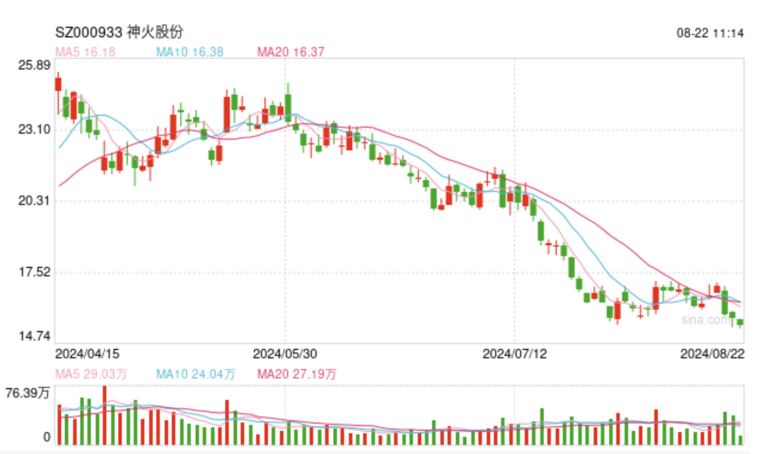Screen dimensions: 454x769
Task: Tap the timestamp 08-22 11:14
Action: click(710, 33)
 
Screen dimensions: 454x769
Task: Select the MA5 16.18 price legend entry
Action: click(85, 52)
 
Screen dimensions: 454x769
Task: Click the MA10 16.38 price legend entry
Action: click(190, 52)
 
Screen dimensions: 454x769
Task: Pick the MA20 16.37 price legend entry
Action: click(291, 52)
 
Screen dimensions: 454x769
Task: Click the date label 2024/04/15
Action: click(87, 354)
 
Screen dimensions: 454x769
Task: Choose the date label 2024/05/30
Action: click(285, 354)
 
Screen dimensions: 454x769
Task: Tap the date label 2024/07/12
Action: click(514, 354)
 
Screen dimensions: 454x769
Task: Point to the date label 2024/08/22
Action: click(712, 354)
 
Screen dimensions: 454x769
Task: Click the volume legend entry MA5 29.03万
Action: click(91, 374)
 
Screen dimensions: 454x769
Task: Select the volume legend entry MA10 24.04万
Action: click(196, 374)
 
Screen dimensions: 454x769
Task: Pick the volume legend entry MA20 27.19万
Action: click(297, 374)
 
